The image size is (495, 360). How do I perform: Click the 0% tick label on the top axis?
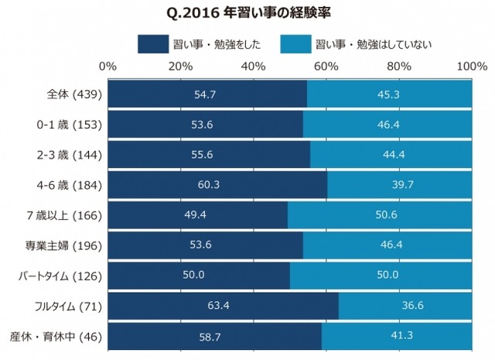click(108, 67)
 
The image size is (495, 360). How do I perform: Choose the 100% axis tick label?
click(471, 67)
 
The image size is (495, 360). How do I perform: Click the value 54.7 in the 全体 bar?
click(207, 94)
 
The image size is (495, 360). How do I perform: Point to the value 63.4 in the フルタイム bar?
click(223, 307)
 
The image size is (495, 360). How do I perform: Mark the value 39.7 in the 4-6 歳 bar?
click(401, 185)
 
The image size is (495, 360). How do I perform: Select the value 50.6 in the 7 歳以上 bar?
click(380, 215)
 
